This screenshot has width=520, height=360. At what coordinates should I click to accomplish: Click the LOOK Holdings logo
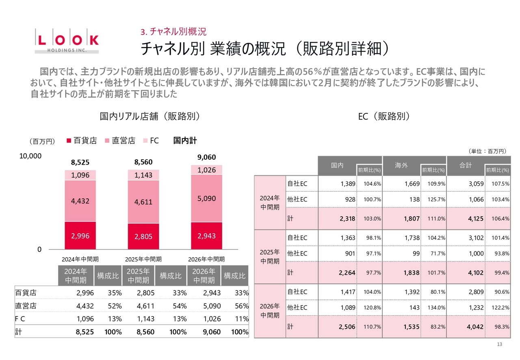tap(67, 41)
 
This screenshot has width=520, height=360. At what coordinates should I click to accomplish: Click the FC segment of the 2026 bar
tap(207, 170)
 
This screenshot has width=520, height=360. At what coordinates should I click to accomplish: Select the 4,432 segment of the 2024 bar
tap(80, 201)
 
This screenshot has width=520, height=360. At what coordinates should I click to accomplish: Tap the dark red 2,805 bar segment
tap(143, 236)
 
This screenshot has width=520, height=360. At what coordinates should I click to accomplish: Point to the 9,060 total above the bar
tap(207, 157)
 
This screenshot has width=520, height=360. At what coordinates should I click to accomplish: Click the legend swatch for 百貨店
tap(69, 141)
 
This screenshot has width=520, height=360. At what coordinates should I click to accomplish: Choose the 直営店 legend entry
tap(120, 141)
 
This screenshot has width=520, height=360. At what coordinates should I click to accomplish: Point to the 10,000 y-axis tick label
tap(30, 156)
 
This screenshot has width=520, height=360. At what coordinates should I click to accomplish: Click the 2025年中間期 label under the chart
tap(143, 259)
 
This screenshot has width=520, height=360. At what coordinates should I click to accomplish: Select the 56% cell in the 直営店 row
tap(241, 306)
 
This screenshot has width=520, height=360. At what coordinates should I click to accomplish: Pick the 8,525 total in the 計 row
tap(85, 332)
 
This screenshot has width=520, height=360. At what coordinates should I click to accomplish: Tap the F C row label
tap(20, 319)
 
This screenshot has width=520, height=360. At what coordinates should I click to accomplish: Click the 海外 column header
tap(401, 165)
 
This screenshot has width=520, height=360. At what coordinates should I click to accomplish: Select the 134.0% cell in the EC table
tap(436, 308)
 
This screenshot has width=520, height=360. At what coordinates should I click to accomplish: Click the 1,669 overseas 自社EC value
tap(412, 184)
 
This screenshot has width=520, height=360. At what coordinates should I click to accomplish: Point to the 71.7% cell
tap(438, 254)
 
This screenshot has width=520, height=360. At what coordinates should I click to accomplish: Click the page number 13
tap(500, 344)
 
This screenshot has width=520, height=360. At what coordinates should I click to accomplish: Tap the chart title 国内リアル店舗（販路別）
tap(150, 116)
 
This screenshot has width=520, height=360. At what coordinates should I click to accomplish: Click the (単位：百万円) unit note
tap(487, 152)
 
